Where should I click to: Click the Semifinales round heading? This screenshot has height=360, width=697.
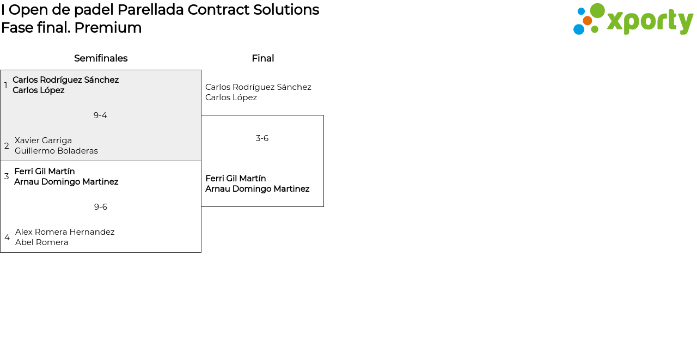pos(101,58)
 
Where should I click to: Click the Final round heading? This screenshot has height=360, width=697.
pos(263,58)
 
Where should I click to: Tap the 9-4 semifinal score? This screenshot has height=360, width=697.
pos(100,115)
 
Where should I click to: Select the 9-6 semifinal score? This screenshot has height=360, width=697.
pos(101,207)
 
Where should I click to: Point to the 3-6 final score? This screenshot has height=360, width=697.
pos(262,138)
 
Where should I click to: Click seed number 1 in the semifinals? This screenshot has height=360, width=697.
pos(5,85)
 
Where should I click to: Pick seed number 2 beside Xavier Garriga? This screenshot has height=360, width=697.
pos(7,145)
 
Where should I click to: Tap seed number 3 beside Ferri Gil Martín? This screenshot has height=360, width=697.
pos(7,176)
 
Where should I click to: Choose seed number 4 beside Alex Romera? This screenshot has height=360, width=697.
pos(7,237)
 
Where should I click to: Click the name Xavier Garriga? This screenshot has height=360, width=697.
pos(43,141)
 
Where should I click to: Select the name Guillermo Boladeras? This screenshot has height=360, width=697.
pos(56,151)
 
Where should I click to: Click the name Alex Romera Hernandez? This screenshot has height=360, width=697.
pos(65,232)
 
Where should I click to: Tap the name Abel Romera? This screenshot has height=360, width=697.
pos(42,242)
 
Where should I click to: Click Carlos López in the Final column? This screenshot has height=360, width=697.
pos(231,97)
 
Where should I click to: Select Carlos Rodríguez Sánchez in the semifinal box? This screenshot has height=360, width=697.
pos(66,80)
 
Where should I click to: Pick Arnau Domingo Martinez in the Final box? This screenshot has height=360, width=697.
pos(258,189)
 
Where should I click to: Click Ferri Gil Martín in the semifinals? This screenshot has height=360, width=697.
pos(45,172)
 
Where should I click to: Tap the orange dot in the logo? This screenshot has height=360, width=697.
pos(588,21)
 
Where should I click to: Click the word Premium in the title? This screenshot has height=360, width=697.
pos(108,28)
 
